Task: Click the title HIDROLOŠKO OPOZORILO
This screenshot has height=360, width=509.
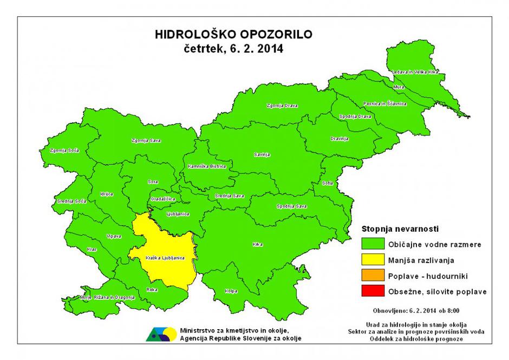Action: point(233,35)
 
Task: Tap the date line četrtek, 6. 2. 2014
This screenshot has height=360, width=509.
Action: point(233,48)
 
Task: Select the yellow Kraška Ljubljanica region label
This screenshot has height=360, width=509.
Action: point(162,258)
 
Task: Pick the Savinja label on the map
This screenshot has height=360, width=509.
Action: point(262,155)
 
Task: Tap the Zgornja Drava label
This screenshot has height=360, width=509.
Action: point(278,106)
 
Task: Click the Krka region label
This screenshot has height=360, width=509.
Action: point(258,245)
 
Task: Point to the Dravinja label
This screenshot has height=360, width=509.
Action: point(338,139)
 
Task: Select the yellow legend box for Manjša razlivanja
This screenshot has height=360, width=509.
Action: point(373,260)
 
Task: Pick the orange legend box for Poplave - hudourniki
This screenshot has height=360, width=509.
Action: point(373,276)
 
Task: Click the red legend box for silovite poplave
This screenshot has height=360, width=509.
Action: point(373,292)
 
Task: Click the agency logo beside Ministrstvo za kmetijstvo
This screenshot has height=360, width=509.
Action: point(160,334)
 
